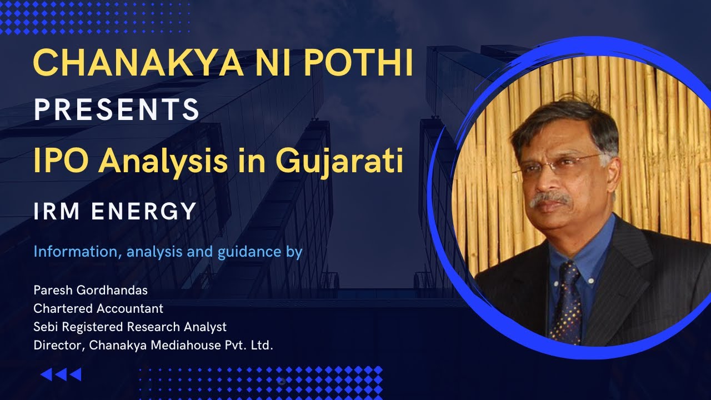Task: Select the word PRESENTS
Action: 117,109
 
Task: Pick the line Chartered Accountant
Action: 98,308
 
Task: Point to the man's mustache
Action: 550,198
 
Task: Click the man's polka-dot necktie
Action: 565,300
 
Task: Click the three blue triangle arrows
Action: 61,374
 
